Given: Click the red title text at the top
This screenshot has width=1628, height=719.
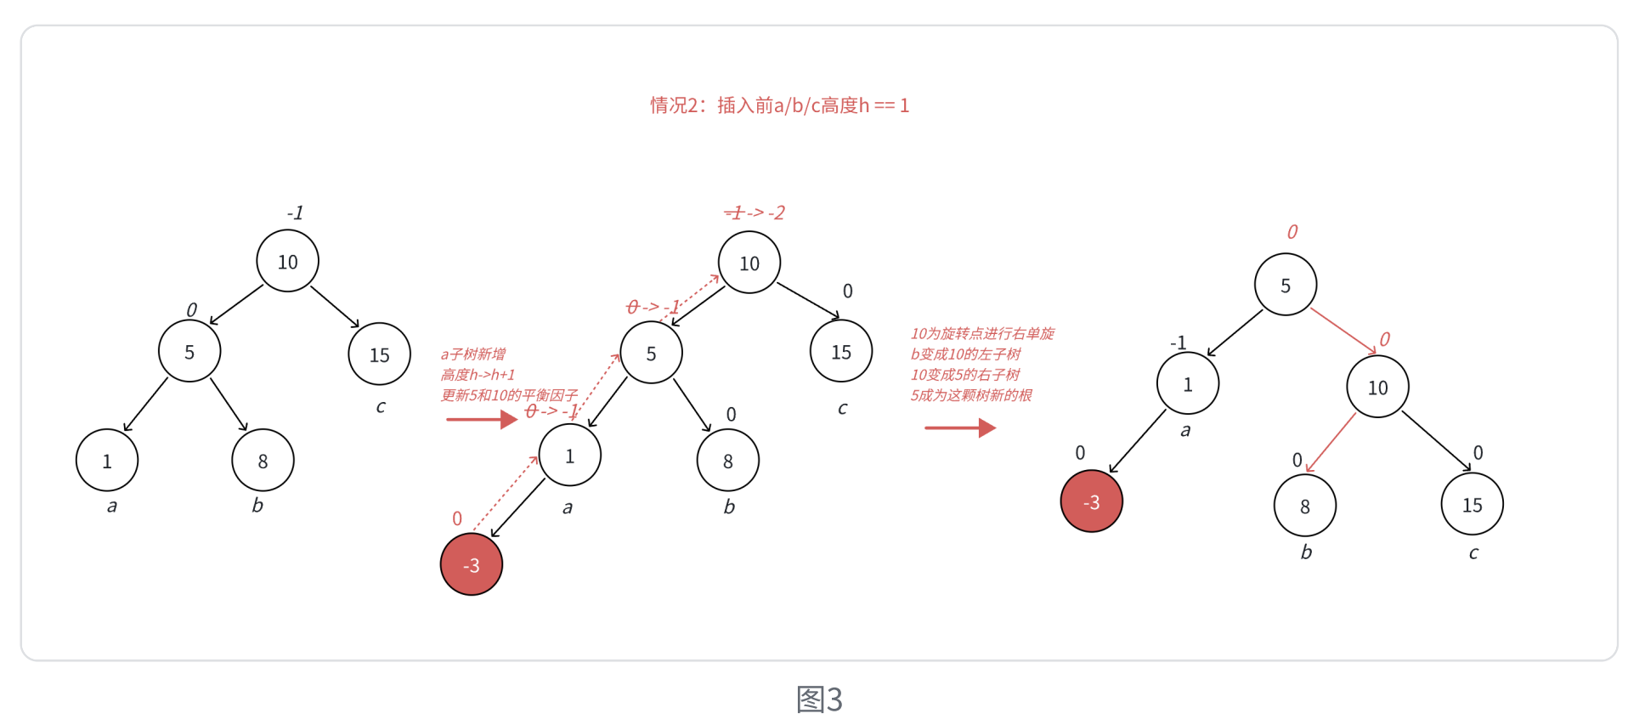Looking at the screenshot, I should (779, 105).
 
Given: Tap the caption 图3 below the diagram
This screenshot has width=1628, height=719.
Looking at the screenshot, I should (819, 699).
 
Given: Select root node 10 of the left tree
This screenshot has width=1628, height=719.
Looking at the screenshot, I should (288, 262).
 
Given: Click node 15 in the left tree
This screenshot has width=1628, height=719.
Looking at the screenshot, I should (379, 354).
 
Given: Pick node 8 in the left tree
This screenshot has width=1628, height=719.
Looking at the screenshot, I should (263, 461).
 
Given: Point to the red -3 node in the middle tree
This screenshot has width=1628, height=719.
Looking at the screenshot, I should (472, 565).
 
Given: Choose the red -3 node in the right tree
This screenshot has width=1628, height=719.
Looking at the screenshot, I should (1092, 502).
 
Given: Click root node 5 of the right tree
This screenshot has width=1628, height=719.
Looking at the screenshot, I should (1286, 286).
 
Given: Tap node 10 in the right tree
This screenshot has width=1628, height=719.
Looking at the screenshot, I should (1377, 388).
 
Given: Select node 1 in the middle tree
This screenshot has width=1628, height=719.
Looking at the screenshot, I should (569, 456).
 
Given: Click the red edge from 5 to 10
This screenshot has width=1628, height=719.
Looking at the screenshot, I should (1343, 331).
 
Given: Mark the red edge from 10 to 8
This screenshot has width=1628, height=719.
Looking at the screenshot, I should (1331, 442).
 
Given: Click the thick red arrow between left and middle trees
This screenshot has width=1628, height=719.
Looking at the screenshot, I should (481, 419).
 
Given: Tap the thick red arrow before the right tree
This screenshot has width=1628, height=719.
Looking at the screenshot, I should (960, 427).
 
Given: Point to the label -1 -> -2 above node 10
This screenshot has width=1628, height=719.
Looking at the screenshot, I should (755, 212).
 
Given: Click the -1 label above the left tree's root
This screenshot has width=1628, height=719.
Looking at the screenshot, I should (295, 212).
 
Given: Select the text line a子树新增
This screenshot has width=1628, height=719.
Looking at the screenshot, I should (473, 354).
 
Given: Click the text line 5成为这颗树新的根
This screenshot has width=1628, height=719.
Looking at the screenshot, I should (971, 395).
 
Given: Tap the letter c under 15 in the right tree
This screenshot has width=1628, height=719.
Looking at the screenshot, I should (1473, 553).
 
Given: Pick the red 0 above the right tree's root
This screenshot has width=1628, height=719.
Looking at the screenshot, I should (1292, 232).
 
